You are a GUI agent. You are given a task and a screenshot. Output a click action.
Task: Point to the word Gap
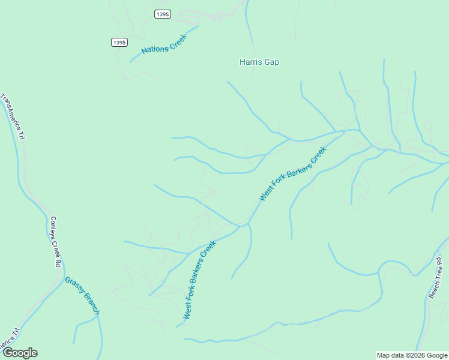271,62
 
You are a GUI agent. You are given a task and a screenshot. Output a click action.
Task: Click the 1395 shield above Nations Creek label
162,14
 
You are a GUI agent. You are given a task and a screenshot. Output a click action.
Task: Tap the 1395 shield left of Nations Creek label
119,42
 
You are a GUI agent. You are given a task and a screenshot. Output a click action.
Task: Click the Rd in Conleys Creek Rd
59,263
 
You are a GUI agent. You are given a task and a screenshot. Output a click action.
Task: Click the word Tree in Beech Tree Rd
436,274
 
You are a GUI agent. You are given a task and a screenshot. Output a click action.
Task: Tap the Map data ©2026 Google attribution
412,355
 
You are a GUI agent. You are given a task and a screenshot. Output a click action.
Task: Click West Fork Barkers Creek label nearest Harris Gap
292,173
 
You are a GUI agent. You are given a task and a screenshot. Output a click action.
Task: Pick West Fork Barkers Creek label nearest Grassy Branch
199,280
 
